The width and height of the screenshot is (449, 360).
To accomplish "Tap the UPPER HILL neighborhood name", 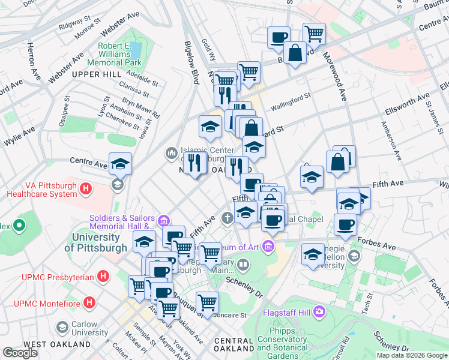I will (x=94, y=74).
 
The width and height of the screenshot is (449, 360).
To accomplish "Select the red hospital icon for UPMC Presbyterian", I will (x=103, y=277).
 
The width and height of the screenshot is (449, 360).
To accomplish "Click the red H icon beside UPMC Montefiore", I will (x=91, y=301).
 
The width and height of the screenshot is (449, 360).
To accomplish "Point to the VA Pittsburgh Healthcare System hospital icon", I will (x=86, y=189).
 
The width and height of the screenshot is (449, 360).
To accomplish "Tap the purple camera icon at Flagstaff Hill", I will (x=319, y=312).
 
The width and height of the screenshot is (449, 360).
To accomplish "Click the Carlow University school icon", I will (x=62, y=328).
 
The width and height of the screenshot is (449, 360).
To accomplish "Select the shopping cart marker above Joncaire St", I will (x=206, y=302).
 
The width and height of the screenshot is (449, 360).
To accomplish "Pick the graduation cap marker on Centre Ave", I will (x=120, y=163).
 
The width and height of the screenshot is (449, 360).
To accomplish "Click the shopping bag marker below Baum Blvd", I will (x=295, y=53).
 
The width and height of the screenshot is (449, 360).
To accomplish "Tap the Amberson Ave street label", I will (x=391, y=142).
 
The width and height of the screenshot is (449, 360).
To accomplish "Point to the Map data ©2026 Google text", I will (x=412, y=355).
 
